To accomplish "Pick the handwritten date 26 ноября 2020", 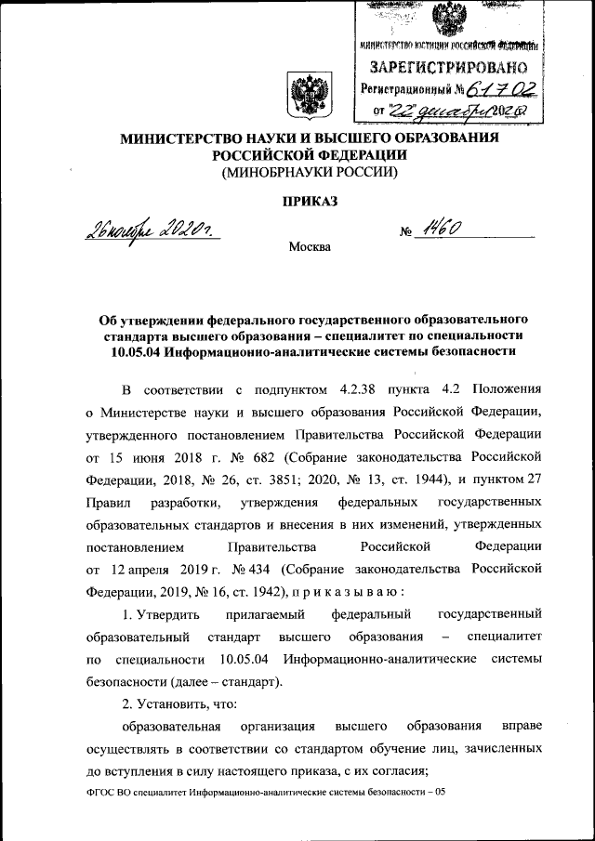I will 159,229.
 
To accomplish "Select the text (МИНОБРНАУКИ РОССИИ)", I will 305,172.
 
